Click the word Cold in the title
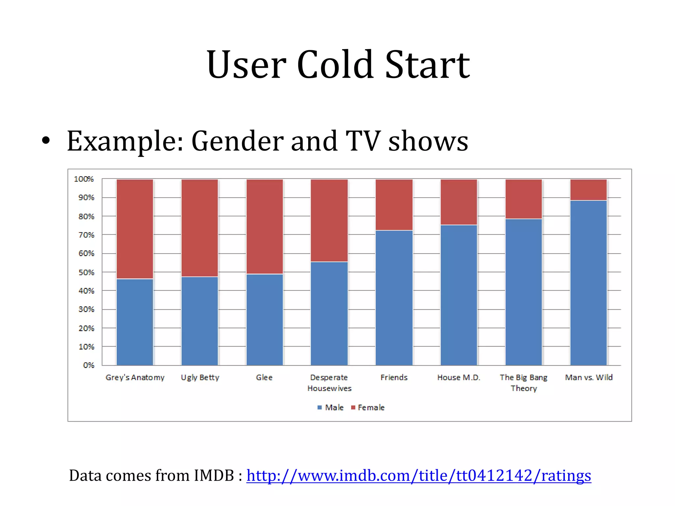click(x=335, y=65)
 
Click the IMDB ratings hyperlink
click(x=419, y=476)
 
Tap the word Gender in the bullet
click(x=237, y=141)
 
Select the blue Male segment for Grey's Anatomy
click(x=135, y=322)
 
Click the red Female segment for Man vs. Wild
click(x=588, y=190)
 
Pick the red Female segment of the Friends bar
click(x=394, y=205)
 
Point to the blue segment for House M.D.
click(x=459, y=295)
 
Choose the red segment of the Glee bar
click(x=264, y=227)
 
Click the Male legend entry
click(x=331, y=408)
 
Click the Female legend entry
click(x=368, y=408)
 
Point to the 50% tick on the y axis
click(x=86, y=272)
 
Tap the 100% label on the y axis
click(x=84, y=179)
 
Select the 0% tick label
click(x=89, y=365)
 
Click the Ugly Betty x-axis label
click(x=200, y=378)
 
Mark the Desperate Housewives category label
click(x=329, y=383)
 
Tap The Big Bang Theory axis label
click(x=523, y=383)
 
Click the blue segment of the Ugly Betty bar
click(x=200, y=321)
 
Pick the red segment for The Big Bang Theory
click(x=523, y=199)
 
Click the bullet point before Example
click(x=46, y=141)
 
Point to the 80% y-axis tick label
click(x=86, y=216)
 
